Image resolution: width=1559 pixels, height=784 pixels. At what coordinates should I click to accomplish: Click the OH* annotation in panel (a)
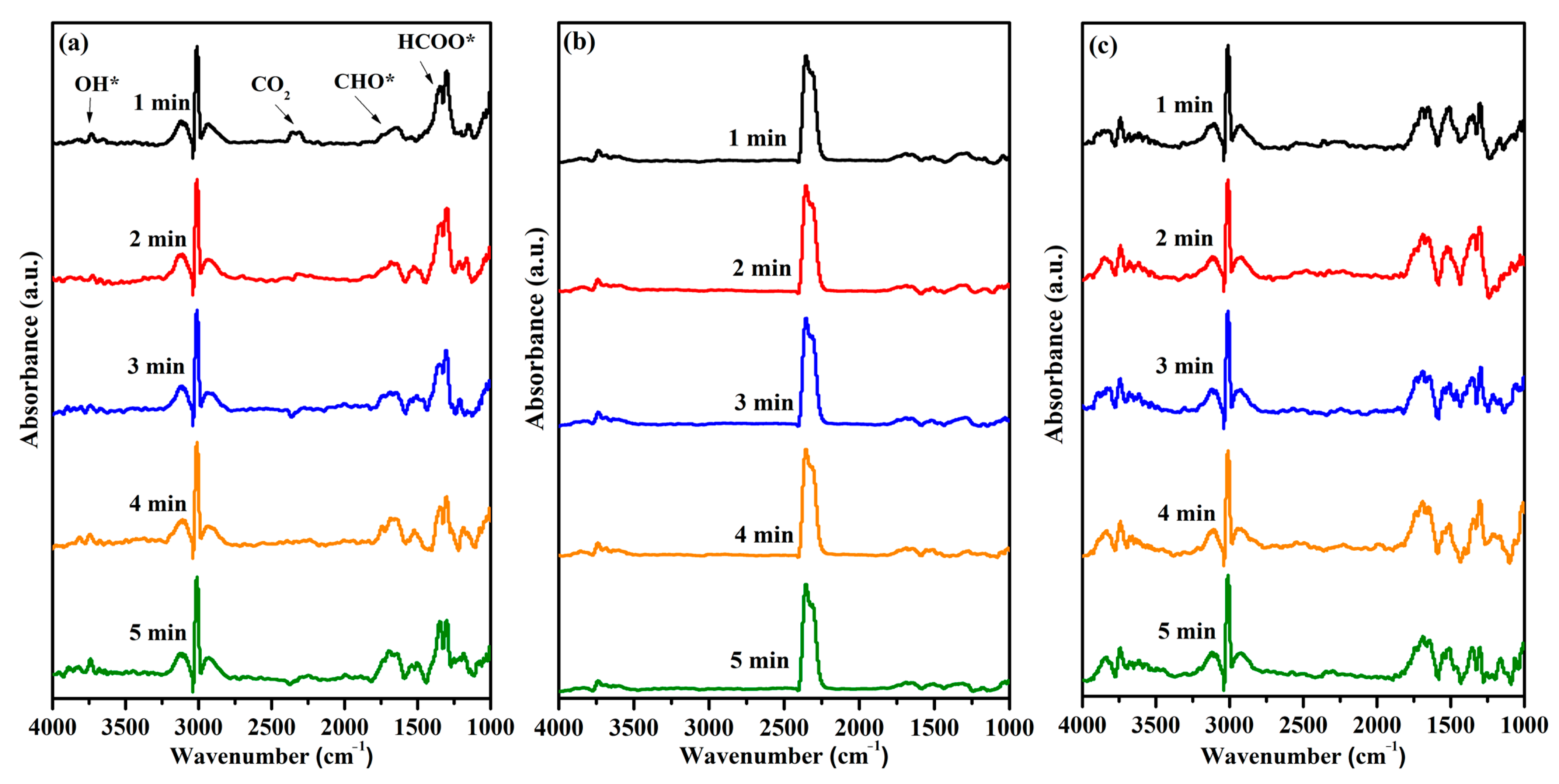(96, 84)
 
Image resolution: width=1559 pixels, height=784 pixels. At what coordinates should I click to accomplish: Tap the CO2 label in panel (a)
(270, 85)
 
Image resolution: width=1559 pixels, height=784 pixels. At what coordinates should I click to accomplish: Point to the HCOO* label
(436, 42)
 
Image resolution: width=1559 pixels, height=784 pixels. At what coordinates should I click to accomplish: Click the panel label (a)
(73, 43)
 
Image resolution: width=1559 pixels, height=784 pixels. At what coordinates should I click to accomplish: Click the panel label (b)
(578, 42)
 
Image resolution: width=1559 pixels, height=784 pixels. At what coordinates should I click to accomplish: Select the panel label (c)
(1102, 46)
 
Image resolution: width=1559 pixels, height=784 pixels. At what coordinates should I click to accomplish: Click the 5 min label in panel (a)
(157, 633)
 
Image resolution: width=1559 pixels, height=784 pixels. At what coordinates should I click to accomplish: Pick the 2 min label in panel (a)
(157, 240)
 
